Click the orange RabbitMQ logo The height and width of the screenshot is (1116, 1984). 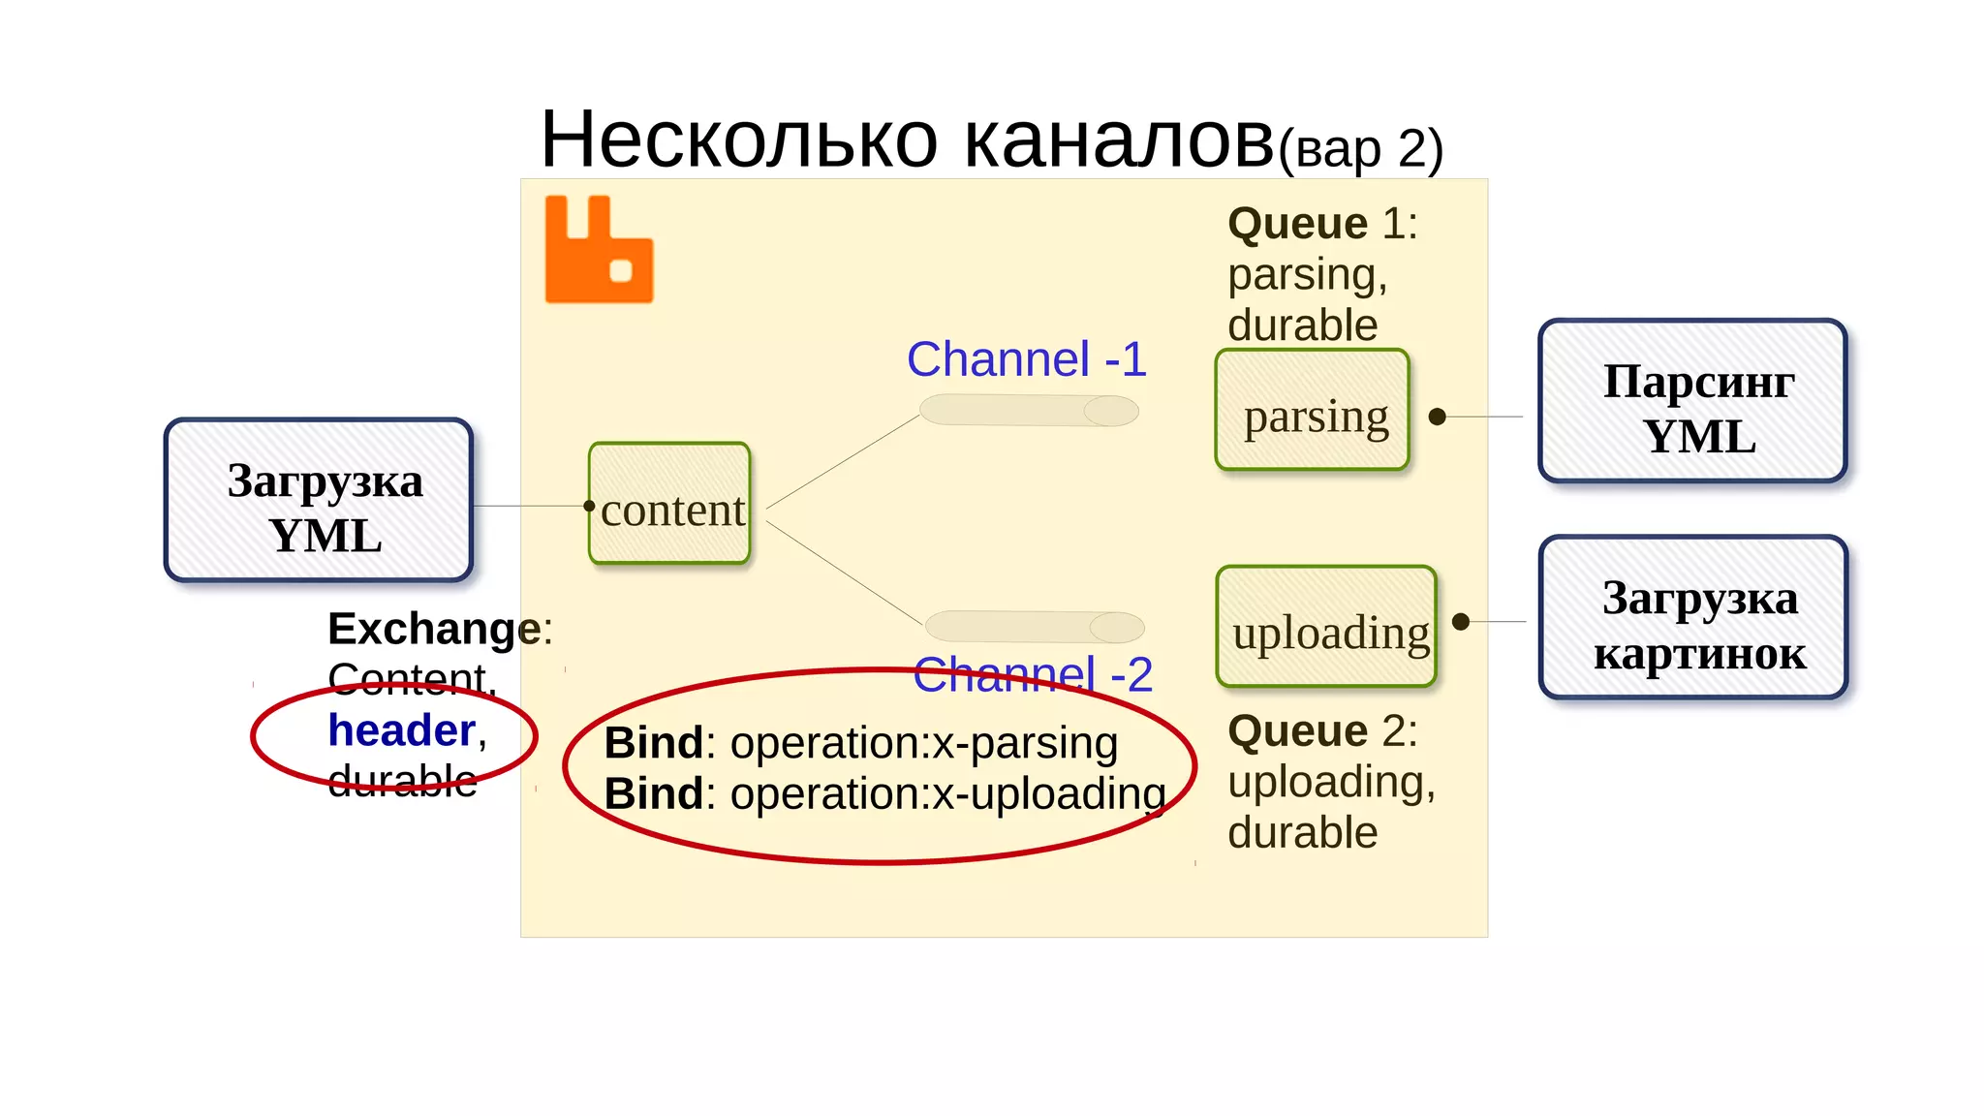pos(598,250)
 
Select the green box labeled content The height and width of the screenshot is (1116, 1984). pos(669,504)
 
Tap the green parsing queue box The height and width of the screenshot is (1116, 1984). pos(1312,411)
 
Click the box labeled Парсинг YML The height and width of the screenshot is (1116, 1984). pos(1692,401)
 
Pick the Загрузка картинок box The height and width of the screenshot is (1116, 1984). pos(1692,618)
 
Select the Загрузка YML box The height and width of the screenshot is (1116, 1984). pos(319,501)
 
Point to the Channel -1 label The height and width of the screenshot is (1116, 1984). pos(1026,359)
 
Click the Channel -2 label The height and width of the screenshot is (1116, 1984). pos(1033,675)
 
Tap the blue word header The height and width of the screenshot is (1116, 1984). pos(401,730)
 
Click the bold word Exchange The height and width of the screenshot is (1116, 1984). pos(434,629)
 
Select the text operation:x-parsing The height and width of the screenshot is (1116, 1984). pos(923,744)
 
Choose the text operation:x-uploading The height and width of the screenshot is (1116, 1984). pos(947,794)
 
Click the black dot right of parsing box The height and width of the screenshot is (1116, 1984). pos(1438,417)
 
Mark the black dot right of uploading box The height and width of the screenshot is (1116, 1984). pos(1461,622)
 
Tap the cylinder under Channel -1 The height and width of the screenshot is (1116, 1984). pos(1029,411)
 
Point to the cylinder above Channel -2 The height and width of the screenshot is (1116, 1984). pos(1035,627)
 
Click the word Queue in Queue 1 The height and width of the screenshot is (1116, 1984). pos(1297,224)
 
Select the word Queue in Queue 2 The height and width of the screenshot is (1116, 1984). pos(1297,731)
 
